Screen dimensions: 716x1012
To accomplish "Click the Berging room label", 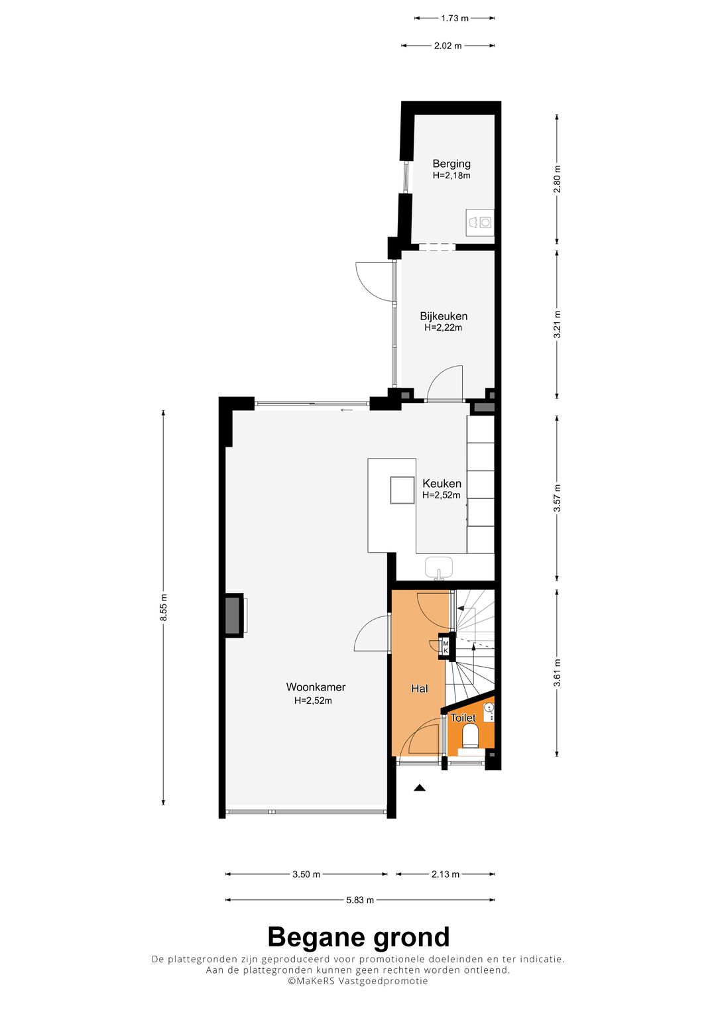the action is [451, 164].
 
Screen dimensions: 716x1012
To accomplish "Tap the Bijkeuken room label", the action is [443, 316].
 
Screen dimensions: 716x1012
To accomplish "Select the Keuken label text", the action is [442, 483].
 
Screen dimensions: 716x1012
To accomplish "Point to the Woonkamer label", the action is [316, 687].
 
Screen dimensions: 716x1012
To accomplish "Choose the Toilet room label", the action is [463, 718].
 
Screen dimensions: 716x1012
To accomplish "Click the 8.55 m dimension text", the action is [164, 607].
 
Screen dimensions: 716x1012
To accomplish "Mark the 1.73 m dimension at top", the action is [455, 19].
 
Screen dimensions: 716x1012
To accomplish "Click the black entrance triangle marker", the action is [420, 789].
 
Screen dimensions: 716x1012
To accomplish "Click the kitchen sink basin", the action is [438, 567].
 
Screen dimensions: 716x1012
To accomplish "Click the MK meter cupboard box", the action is [446, 647].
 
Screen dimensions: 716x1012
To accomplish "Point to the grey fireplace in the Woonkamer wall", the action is [234, 615].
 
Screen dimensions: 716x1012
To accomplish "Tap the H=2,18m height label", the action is [451, 176].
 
